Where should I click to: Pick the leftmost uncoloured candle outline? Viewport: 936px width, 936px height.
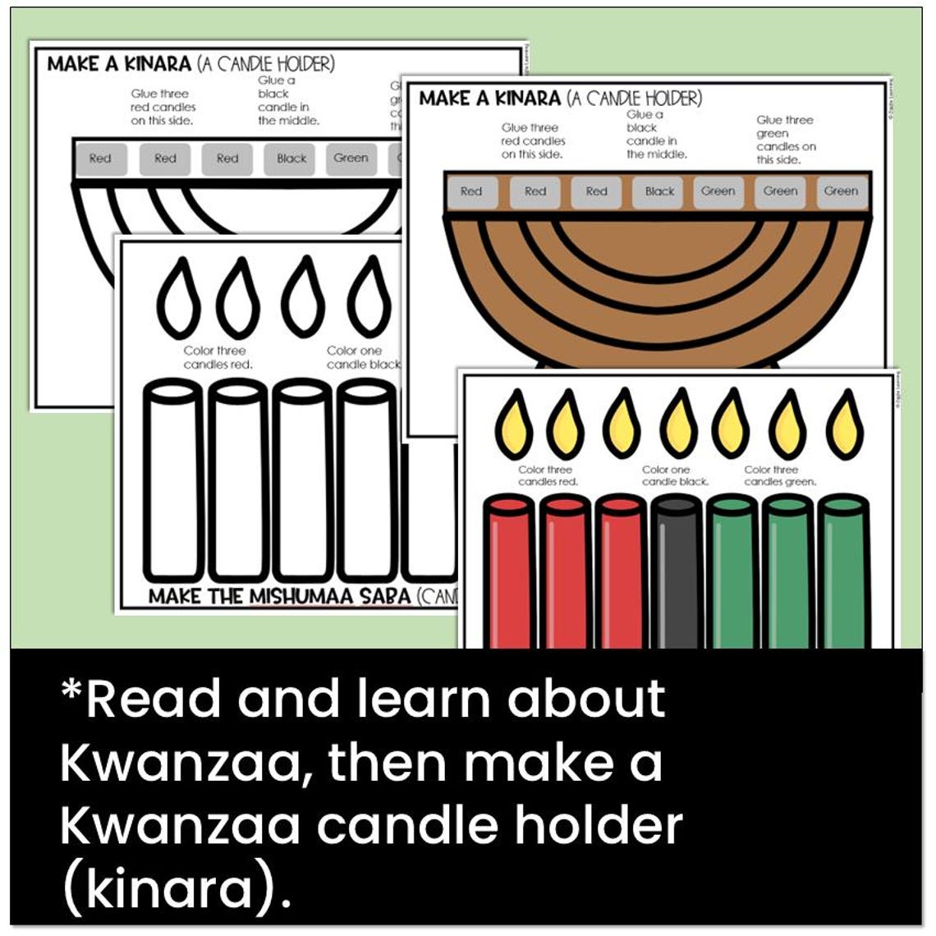click(172, 480)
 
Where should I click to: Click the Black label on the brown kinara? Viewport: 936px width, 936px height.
click(659, 192)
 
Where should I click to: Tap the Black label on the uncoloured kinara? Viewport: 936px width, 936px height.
click(291, 159)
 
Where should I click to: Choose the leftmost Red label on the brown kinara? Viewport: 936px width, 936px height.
click(471, 192)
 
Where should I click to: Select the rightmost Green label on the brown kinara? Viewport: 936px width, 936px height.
click(841, 192)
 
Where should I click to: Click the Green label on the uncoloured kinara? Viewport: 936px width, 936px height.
click(351, 158)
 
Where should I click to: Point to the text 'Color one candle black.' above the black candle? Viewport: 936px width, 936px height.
click(675, 475)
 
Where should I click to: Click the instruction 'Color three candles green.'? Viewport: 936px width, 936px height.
click(779, 475)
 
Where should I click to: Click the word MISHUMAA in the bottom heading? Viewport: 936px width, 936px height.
click(324, 597)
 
